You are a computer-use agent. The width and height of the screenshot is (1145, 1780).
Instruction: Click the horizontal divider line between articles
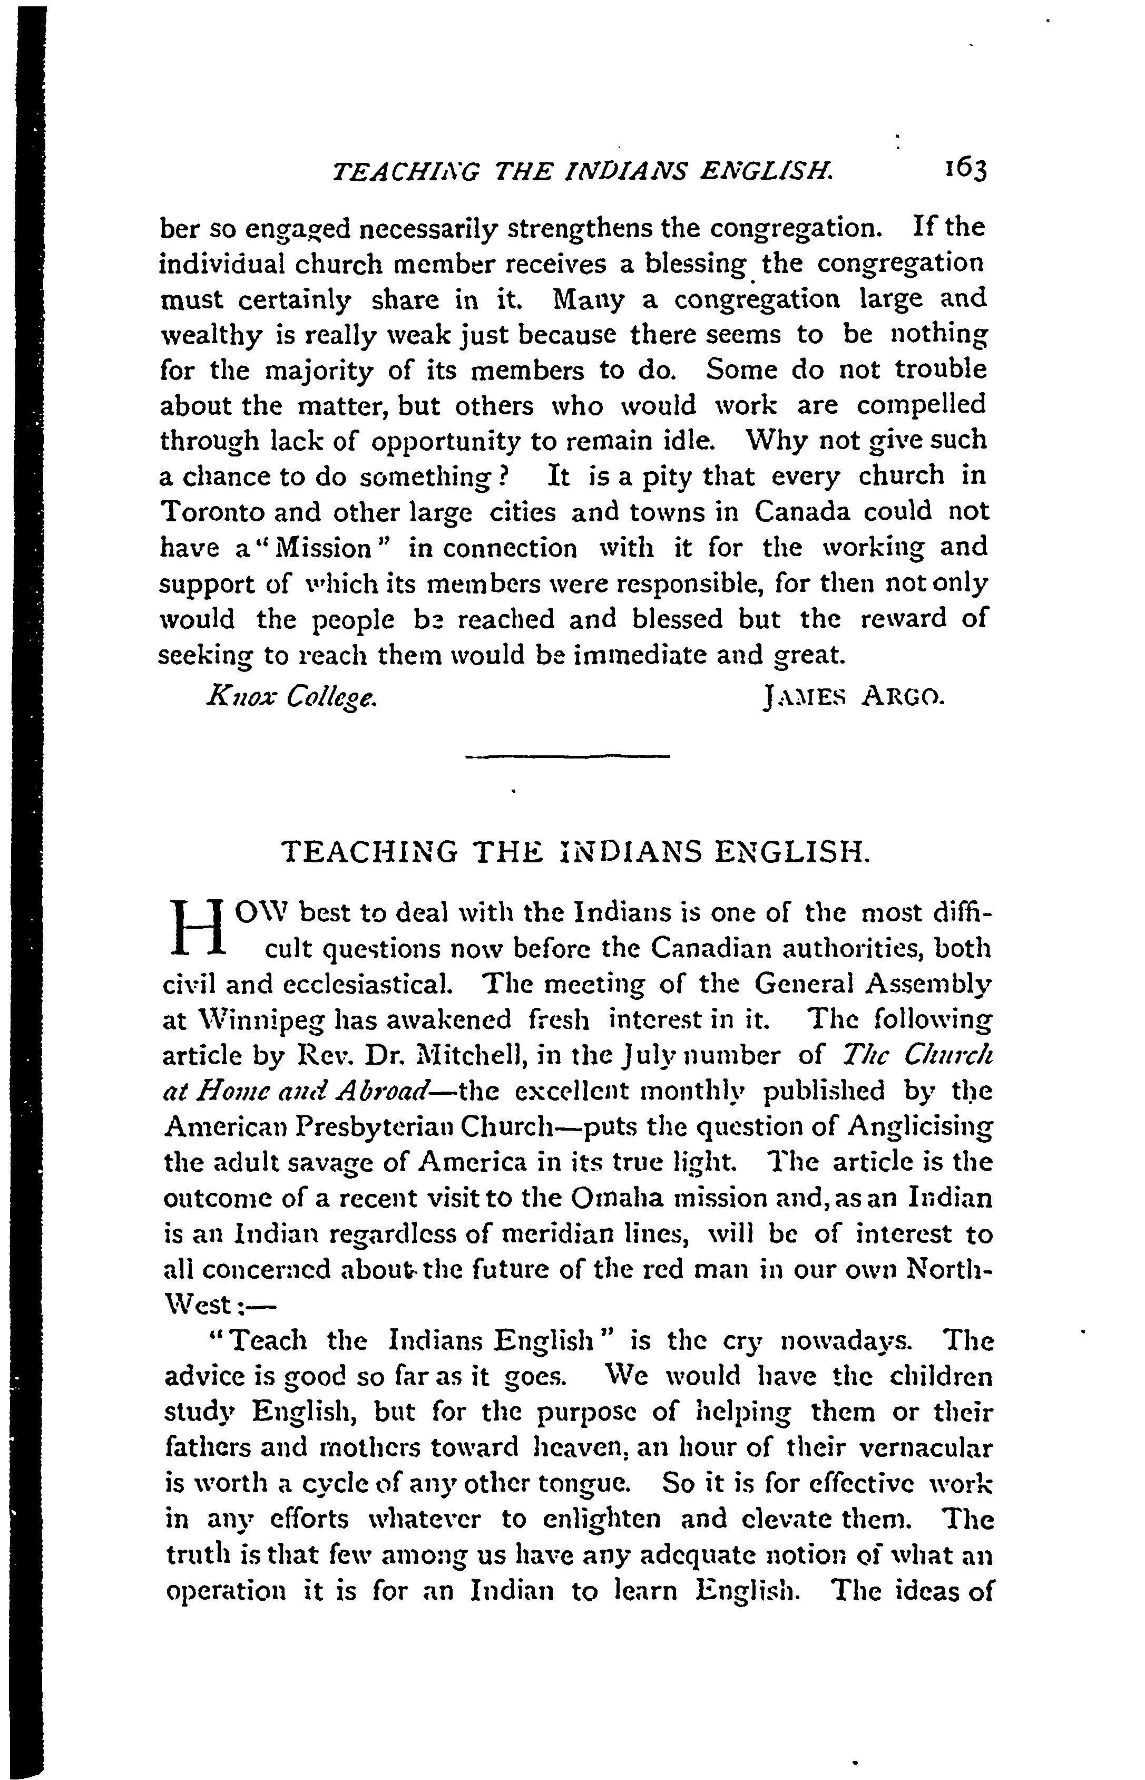(x=567, y=757)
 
